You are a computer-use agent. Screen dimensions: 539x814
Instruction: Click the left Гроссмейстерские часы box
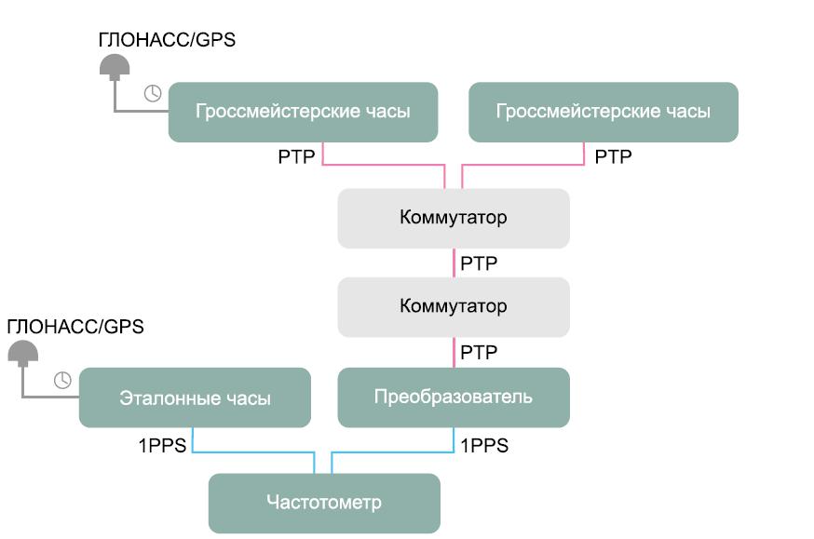point(303,112)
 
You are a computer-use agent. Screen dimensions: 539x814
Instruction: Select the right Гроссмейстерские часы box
point(603,112)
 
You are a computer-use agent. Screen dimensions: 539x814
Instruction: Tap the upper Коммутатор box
point(453,218)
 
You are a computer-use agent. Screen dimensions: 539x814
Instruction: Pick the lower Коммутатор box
point(453,306)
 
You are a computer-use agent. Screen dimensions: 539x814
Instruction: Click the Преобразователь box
point(453,397)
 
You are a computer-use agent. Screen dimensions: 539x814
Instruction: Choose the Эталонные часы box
point(195,398)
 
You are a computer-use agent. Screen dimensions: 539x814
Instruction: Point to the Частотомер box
point(323,503)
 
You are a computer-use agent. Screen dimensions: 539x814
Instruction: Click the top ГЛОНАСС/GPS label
point(168,41)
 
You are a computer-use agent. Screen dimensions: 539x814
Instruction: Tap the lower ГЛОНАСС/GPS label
point(75,327)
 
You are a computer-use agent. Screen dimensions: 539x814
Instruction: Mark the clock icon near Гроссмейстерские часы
point(153,92)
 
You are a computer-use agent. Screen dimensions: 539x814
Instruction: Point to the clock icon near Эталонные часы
point(62,379)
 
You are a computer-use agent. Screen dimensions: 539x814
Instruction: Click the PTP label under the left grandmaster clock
point(297,156)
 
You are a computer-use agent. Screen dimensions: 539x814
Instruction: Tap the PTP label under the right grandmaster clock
point(613,156)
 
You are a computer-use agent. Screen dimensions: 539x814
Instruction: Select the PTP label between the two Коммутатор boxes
point(479,263)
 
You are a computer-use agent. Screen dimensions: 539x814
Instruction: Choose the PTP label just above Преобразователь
point(479,352)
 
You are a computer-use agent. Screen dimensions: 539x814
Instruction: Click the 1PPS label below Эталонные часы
point(163,445)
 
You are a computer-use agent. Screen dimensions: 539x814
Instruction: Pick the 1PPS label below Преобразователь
point(484,445)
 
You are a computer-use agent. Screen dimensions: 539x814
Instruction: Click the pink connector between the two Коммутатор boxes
point(454,263)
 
